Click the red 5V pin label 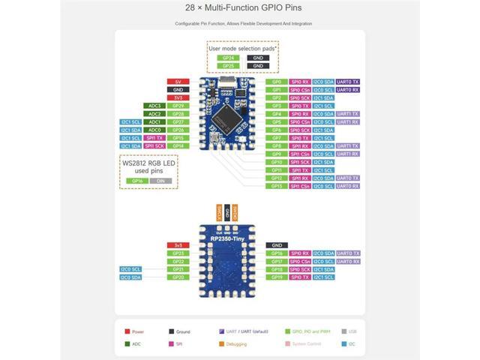coord(178,81)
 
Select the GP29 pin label coord(178,106)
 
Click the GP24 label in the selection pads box coord(226,57)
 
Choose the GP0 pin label coord(277,81)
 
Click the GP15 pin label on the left coord(178,138)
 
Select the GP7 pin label coord(277,138)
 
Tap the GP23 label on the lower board coord(178,253)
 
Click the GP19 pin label coord(277,277)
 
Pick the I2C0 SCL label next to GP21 coord(130,269)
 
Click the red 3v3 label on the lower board coord(178,245)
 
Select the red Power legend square coord(129,331)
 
